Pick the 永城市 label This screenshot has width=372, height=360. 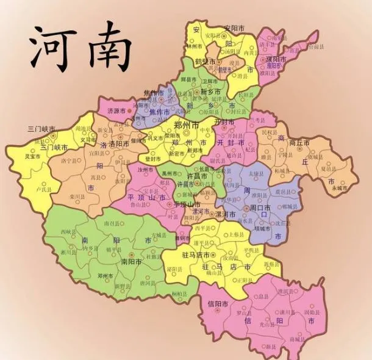339,189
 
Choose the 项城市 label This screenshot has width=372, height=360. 262,229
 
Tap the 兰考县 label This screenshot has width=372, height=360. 260,120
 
